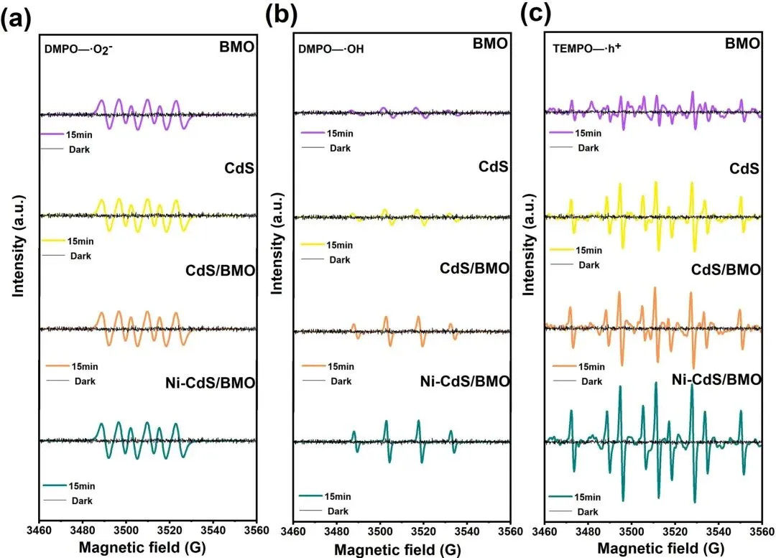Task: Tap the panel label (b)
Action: (280, 16)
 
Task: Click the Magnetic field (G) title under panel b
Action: (401, 549)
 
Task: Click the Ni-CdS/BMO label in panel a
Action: (209, 383)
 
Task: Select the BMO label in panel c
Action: (743, 44)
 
